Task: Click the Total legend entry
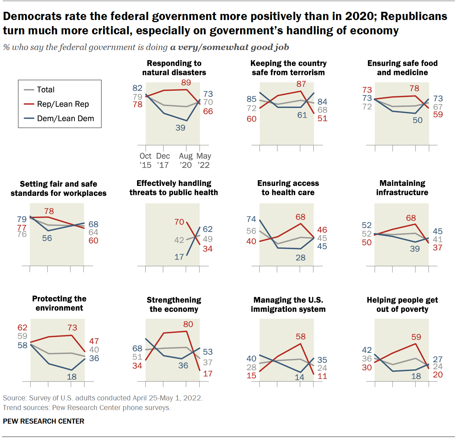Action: coord(45,90)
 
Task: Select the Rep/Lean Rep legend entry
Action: coord(63,104)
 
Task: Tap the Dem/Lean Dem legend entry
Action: coord(65,118)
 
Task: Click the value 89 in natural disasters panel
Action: coord(186,83)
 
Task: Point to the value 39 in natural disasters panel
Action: coord(180,128)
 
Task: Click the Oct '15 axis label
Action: coord(145,161)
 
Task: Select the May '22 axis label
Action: coord(204,161)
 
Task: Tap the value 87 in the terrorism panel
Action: coord(301,84)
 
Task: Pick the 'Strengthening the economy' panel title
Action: coord(174,305)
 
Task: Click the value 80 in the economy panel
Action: coord(188,324)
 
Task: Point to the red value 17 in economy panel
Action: coord(208,374)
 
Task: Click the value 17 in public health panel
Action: coord(179,257)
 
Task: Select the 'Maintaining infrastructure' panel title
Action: coord(402,188)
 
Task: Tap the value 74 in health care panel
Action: coord(252,219)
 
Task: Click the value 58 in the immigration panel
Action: coord(301,336)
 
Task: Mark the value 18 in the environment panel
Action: coord(72,376)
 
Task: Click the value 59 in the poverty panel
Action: coord(416,337)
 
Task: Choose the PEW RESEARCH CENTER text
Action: coord(44,421)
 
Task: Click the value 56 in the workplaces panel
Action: coord(47,238)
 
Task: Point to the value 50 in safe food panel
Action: coord(418,120)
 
